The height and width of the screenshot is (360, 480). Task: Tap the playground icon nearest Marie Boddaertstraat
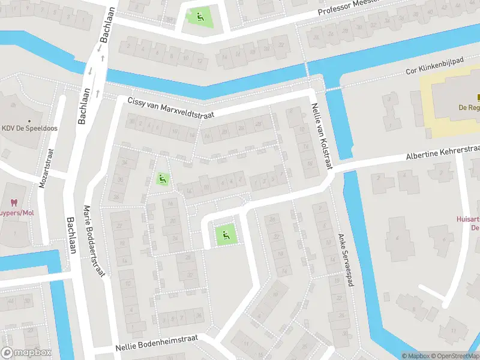[x=161, y=178]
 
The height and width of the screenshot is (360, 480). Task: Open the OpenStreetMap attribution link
[x=457, y=356]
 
